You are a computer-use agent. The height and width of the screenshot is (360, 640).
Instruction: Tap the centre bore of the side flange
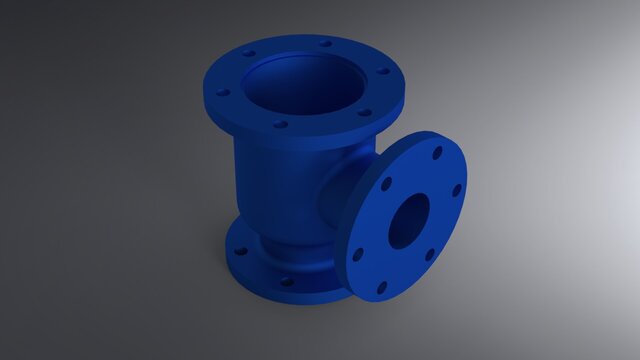coord(408,221)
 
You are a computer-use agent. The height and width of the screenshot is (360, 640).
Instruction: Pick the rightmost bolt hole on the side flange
coord(457,190)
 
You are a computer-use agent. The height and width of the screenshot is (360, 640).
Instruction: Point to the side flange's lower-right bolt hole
coord(430,254)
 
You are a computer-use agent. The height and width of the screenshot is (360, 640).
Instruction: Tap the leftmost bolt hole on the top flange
coord(223,93)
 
